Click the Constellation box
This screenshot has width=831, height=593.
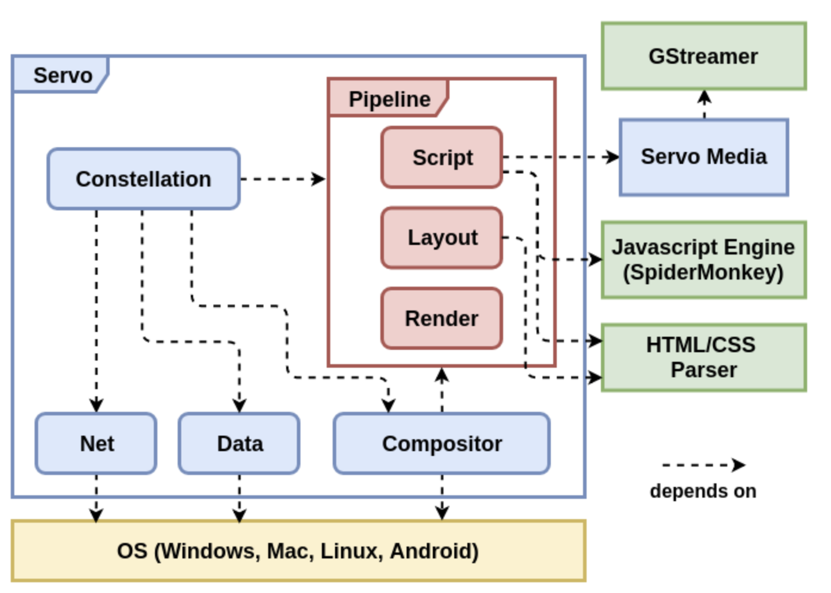coord(144,179)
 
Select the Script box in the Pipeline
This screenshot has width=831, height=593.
coord(442,157)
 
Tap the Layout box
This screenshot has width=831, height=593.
coord(442,238)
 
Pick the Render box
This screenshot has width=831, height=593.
coord(442,318)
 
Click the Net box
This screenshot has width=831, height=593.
coord(97,443)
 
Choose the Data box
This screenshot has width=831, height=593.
coord(239,443)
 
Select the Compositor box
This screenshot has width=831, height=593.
coord(442,443)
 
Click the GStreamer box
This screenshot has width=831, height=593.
coord(703,57)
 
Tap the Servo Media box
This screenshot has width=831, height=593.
coord(703,157)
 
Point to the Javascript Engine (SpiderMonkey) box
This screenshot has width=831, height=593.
coord(703,260)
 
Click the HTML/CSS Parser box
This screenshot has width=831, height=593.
coord(703,358)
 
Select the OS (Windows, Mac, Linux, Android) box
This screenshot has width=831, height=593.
coord(298,551)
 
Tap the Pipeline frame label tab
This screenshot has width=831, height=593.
coord(389,98)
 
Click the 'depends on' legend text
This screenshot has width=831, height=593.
coord(703,491)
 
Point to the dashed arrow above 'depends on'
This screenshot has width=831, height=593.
coord(703,465)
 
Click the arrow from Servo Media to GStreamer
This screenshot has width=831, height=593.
coord(704,104)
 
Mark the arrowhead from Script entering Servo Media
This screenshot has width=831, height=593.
coord(612,157)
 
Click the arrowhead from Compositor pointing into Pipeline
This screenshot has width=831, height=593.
coord(442,375)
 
